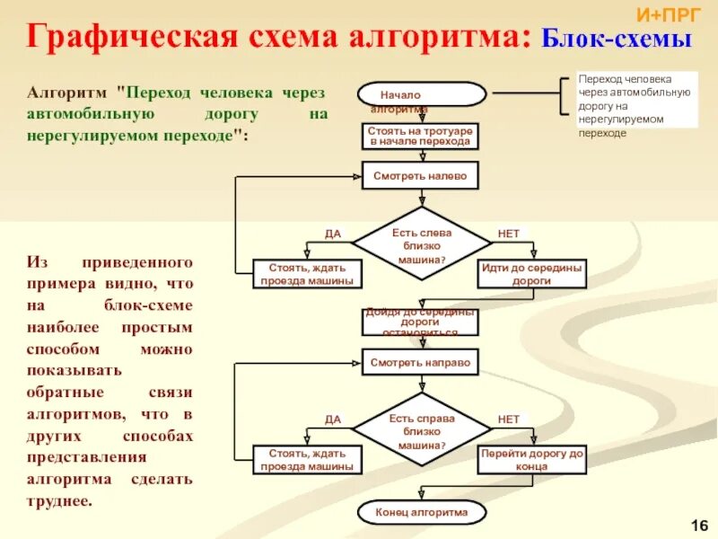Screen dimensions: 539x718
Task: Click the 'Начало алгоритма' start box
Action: coord(421,94)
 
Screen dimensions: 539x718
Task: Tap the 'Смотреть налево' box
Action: coord(420,176)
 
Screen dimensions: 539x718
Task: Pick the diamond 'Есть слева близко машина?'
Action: coord(421,243)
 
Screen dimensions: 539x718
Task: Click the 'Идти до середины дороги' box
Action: coord(531,274)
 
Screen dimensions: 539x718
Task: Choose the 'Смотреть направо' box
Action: coord(420,362)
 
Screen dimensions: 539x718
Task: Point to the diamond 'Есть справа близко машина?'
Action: coord(421,430)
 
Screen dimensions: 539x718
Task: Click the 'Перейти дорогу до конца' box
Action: coord(531,460)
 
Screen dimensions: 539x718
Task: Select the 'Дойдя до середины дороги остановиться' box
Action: coord(420,322)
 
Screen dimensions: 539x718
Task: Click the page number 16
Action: coord(700,525)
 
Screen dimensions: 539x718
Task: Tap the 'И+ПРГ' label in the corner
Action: coord(668,14)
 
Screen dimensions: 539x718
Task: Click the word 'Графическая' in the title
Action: coord(134,39)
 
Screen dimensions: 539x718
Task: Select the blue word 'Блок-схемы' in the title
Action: coord(619,40)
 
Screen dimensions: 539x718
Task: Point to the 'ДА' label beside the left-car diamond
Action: coord(333,234)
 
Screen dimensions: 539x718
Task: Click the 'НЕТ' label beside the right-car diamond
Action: coord(509,420)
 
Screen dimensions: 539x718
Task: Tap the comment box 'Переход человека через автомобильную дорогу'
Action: coord(634,106)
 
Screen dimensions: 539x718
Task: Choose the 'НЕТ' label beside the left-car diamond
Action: coord(509,234)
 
